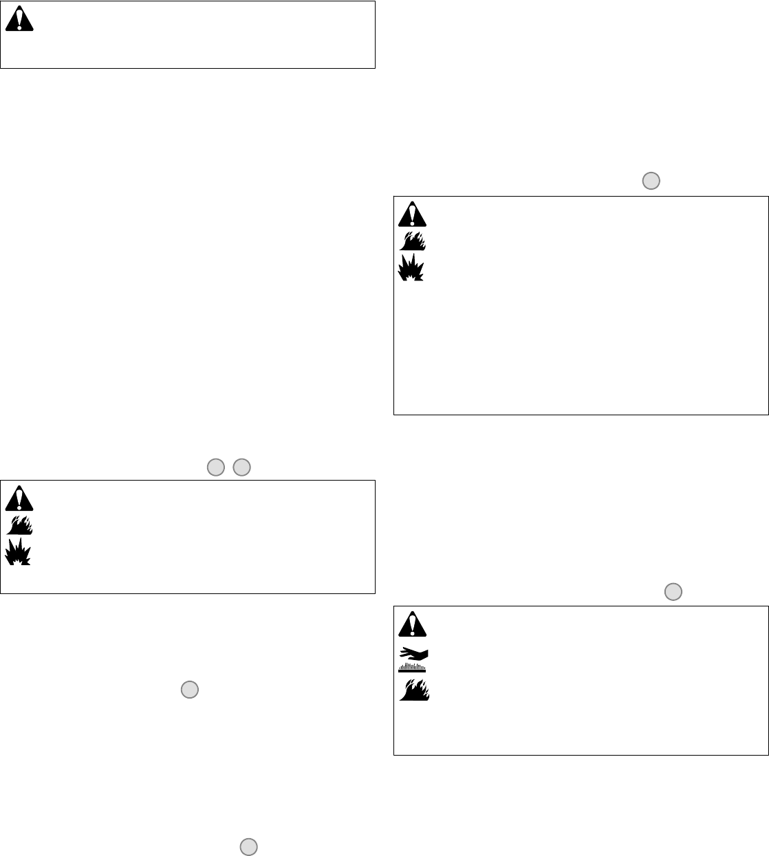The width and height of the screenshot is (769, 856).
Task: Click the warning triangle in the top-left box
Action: pyautogui.click(x=19, y=21)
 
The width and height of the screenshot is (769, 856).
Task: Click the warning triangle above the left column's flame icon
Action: pyautogui.click(x=19, y=498)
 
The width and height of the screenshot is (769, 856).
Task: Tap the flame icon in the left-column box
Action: pyautogui.click(x=19, y=525)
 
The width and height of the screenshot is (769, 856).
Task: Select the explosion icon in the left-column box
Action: pyautogui.click(x=19, y=552)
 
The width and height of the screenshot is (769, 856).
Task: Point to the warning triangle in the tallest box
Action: pyautogui.click(x=412, y=215)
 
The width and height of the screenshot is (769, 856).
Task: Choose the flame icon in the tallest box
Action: pyautogui.click(x=412, y=241)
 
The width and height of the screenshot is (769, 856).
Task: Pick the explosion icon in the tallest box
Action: pyautogui.click(x=411, y=267)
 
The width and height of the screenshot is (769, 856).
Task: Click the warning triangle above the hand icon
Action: pyautogui.click(x=412, y=624)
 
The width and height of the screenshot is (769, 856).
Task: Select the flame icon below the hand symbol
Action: pyautogui.click(x=414, y=690)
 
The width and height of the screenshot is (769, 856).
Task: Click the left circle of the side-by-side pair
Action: pyautogui.click(x=215, y=468)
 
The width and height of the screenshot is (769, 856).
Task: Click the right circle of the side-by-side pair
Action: pyautogui.click(x=241, y=468)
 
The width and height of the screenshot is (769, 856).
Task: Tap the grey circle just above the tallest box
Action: pyautogui.click(x=651, y=181)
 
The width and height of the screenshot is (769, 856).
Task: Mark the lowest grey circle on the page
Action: pyautogui.click(x=249, y=847)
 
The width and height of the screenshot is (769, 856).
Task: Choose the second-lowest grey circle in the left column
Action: pyautogui.click(x=190, y=690)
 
